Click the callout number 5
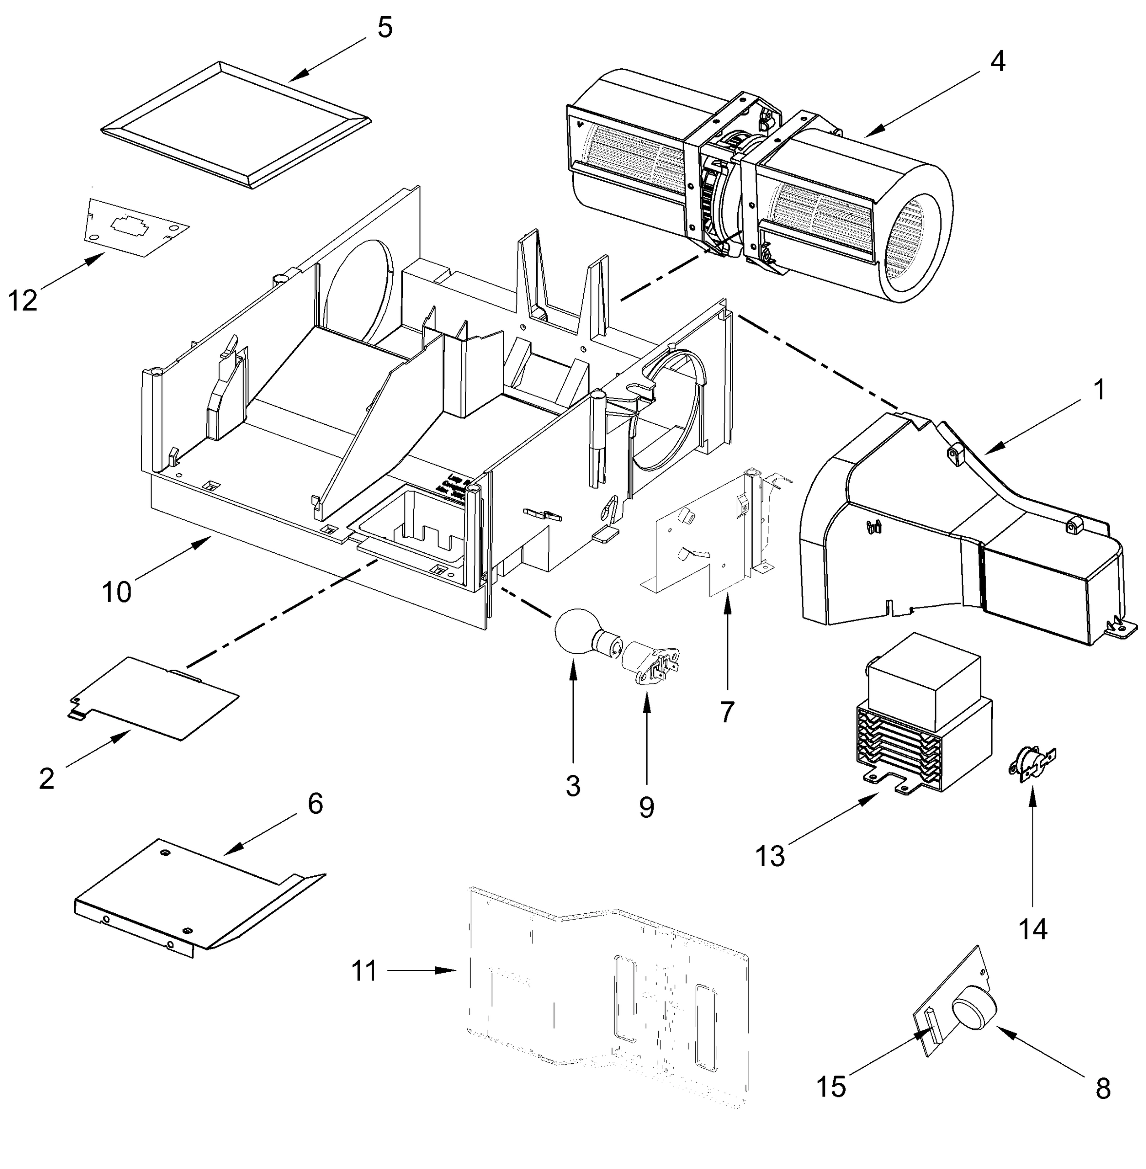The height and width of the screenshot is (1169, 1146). click(x=384, y=28)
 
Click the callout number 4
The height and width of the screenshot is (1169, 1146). click(x=997, y=62)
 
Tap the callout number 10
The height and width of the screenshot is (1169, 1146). click(x=116, y=592)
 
